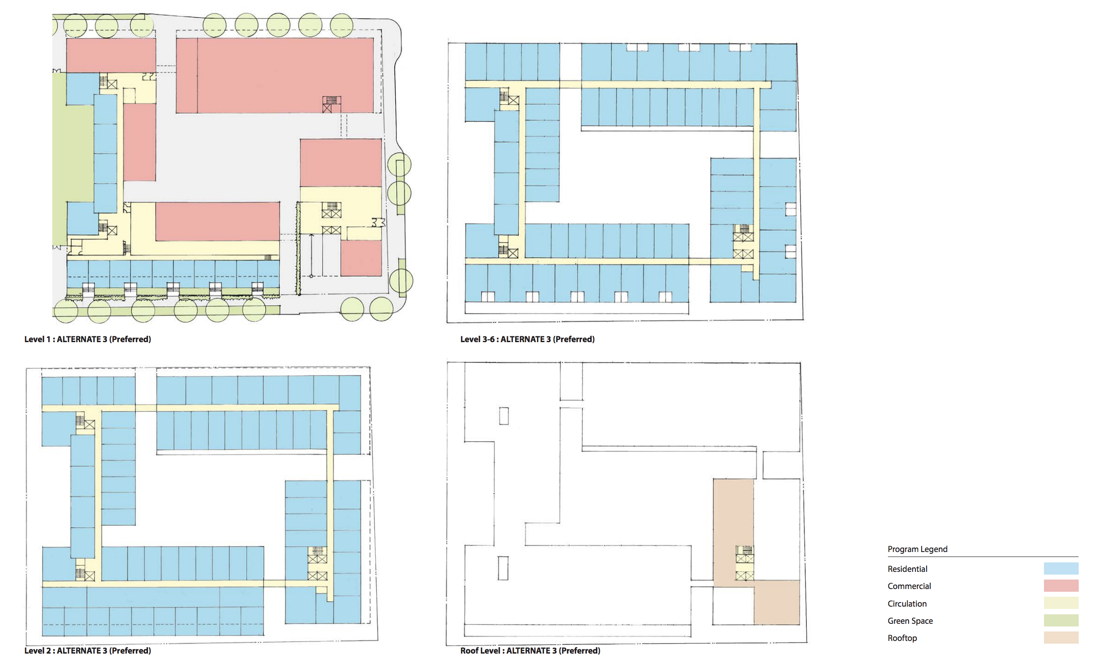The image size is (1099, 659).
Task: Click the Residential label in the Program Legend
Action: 907,569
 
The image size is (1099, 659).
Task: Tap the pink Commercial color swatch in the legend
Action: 1061,585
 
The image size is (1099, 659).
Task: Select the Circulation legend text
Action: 907,603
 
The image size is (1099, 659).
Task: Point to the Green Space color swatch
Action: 1061,620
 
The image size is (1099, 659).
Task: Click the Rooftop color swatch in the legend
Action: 1061,637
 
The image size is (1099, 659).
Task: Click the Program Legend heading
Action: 917,549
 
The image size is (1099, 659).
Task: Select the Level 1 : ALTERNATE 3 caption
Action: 88,339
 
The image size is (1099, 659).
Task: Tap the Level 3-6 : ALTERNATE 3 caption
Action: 527,339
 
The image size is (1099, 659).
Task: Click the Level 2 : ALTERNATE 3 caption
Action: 88,650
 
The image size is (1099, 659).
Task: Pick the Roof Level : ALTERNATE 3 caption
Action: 530,650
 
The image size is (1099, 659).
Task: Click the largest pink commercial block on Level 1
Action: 275,75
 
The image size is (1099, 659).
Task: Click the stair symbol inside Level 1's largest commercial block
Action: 332,104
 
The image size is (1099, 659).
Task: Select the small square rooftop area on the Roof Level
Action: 776,603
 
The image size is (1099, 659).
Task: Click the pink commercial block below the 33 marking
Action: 361,258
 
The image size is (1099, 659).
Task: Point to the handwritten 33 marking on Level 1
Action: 378,223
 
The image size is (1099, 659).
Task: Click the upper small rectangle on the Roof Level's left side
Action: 504,416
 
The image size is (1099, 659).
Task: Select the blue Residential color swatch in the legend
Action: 1061,568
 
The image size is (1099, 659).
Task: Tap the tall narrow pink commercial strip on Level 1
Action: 139,142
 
